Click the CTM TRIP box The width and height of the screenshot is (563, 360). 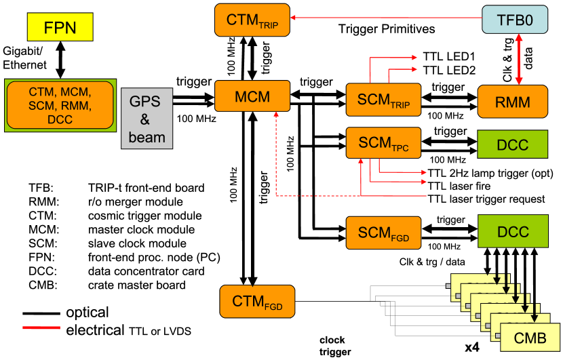252,20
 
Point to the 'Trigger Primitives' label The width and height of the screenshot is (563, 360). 386,30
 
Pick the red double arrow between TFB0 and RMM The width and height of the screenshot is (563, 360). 520,60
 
